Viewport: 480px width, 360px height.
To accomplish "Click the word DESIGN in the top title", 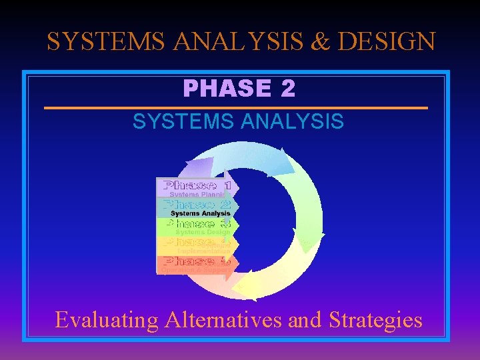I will pyautogui.click(x=387, y=41).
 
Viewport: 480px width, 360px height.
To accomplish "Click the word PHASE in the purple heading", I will pyautogui.click(x=226, y=89).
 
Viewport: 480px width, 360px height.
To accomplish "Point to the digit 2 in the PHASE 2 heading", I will pyautogui.click(x=287, y=89).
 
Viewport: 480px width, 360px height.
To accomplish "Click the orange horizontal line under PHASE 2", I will pyautogui.click(x=236, y=107).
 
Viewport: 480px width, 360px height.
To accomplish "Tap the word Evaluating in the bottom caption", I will pyautogui.click(x=106, y=320).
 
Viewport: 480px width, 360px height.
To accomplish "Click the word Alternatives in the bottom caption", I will pyautogui.click(x=223, y=320).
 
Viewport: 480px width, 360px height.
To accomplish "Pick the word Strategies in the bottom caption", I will pyautogui.click(x=375, y=320).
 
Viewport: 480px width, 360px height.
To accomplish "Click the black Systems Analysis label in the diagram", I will pyautogui.click(x=200, y=213).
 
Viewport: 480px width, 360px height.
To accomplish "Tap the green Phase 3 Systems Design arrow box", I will pyautogui.click(x=196, y=227).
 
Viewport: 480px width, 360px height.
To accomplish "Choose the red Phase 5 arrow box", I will pyautogui.click(x=196, y=264).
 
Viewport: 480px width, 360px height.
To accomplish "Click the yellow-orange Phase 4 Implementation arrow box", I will pyautogui.click(x=196, y=245).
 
